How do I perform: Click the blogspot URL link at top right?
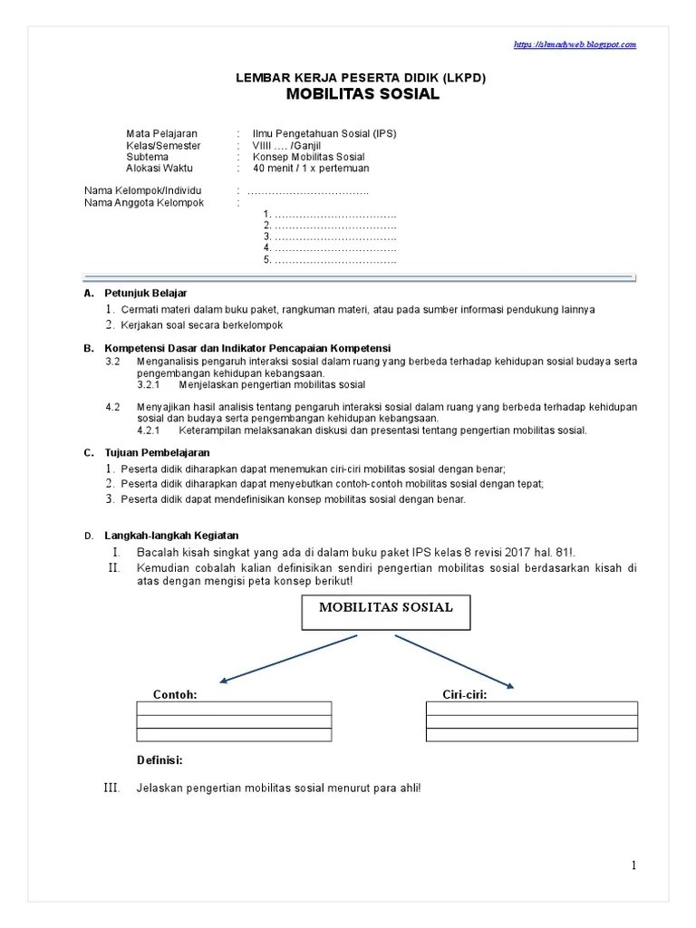click(x=575, y=43)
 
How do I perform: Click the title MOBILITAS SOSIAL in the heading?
click(x=362, y=94)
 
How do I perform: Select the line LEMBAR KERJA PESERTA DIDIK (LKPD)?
click(x=362, y=78)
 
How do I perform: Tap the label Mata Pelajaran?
click(x=161, y=133)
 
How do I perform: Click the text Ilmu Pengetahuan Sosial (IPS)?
click(x=324, y=133)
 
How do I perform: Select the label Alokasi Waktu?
click(x=159, y=168)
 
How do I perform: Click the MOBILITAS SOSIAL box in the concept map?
click(x=385, y=609)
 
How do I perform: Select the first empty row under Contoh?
click(x=234, y=709)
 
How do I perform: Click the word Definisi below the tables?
click(x=159, y=760)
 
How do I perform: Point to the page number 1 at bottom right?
click(x=633, y=865)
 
